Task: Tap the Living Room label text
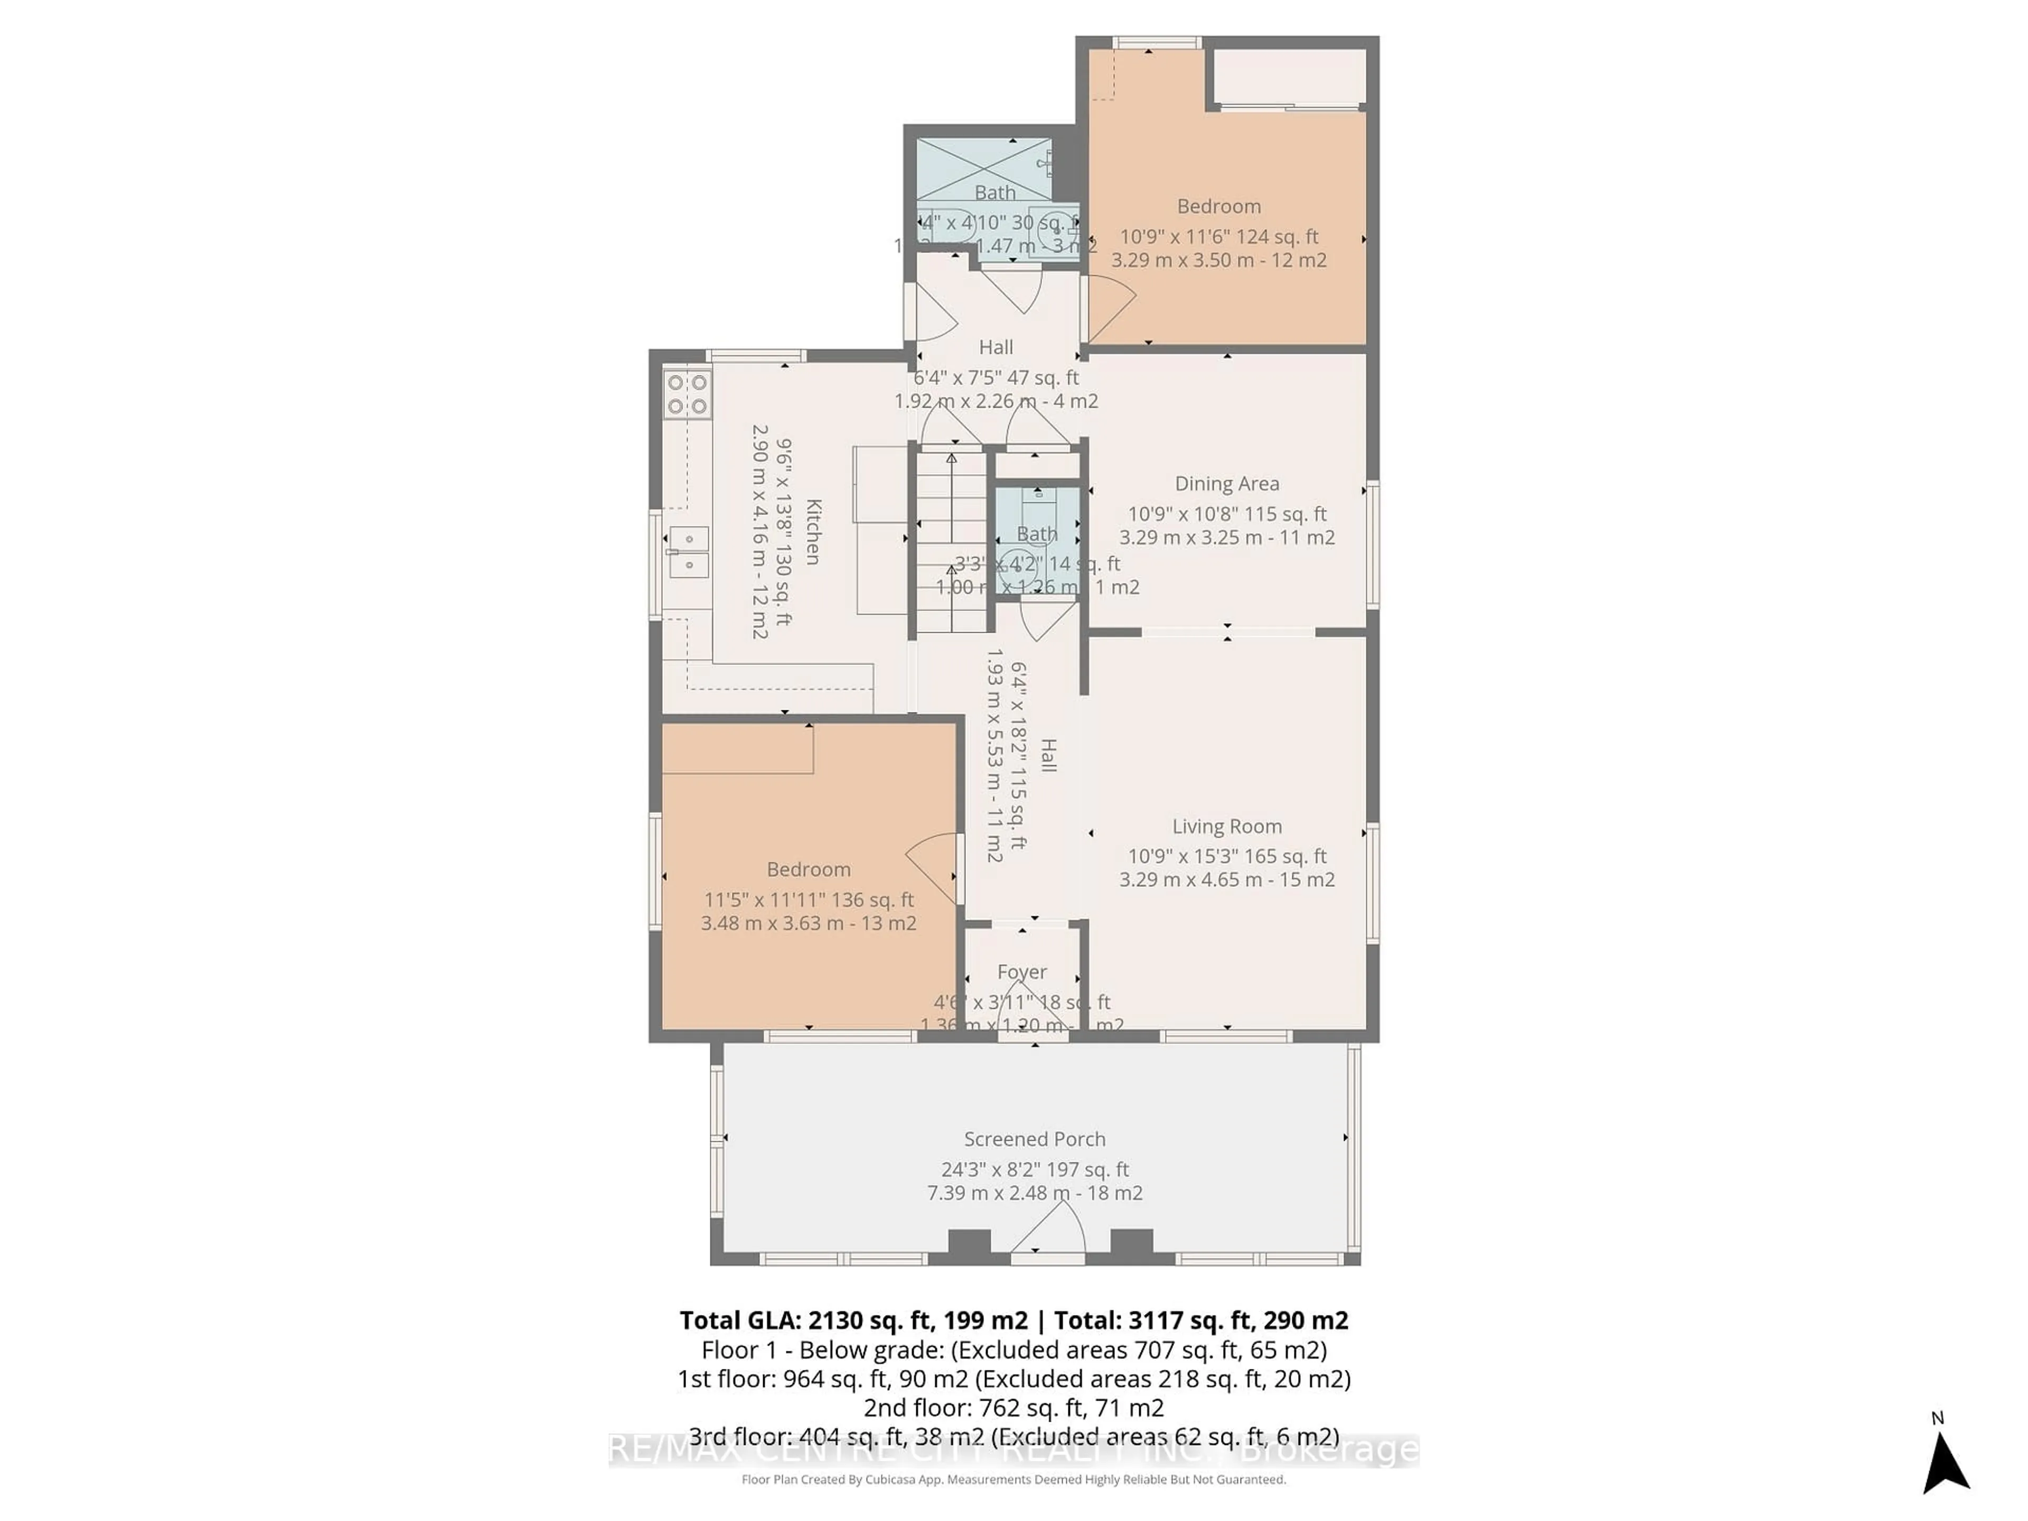coord(1227,826)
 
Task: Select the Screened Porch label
coord(1034,1139)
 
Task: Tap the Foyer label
coord(1021,972)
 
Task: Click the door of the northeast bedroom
coord(1110,307)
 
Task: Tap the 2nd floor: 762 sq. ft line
coord(1013,1407)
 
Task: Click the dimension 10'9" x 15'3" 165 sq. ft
coord(1227,856)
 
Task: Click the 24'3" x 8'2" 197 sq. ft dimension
coord(1034,1169)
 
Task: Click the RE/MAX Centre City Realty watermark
coord(1013,1450)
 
